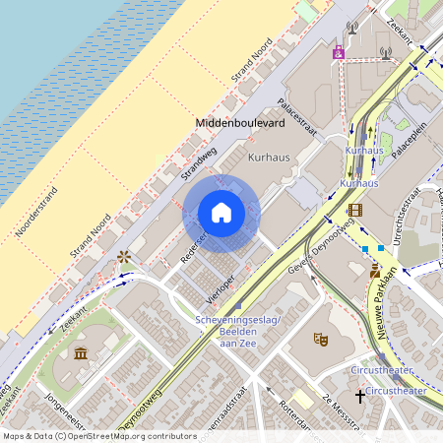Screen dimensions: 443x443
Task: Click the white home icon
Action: (221, 213)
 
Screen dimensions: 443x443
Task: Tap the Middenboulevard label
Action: (242, 122)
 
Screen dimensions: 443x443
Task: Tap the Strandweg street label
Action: (198, 164)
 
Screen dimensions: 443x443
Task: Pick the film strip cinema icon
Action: (354, 210)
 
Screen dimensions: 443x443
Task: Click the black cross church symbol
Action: (360, 396)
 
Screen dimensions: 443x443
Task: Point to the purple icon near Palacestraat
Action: (339, 52)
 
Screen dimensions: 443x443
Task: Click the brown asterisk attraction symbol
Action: (124, 258)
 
